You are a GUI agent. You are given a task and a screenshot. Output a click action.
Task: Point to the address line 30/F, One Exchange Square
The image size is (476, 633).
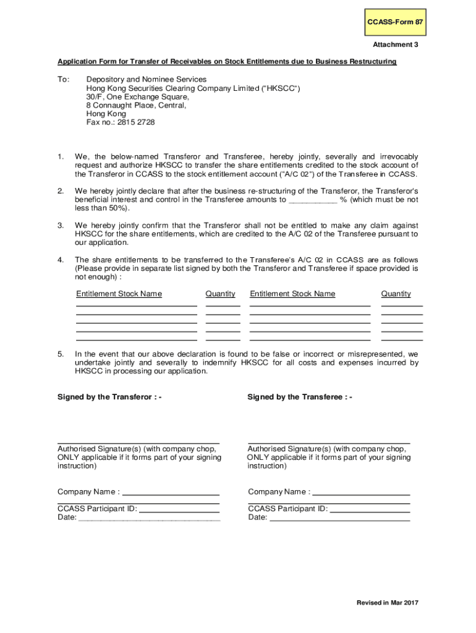coord(138,97)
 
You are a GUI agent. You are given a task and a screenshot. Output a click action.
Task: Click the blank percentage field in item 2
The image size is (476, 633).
coord(313,200)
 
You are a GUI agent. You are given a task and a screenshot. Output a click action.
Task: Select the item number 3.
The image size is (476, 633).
coord(61,226)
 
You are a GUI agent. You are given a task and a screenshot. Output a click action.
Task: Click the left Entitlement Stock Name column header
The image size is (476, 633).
coord(119,294)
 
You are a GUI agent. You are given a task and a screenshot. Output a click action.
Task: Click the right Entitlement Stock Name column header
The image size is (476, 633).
coord(292,294)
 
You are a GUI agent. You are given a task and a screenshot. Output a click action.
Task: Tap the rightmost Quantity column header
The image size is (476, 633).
coord(396,294)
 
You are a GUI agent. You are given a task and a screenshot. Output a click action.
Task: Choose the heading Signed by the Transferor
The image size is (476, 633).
coord(109,397)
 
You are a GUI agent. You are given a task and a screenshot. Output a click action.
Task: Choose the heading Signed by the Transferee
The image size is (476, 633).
coord(300,397)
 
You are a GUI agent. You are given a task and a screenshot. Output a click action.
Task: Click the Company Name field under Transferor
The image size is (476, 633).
coord(171,492)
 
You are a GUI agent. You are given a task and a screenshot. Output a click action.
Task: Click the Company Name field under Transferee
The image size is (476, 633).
coord(362,492)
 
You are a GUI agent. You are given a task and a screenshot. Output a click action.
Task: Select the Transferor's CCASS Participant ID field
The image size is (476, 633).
coord(179,509)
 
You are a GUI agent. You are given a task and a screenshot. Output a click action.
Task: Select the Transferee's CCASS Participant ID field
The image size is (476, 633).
coord(370,509)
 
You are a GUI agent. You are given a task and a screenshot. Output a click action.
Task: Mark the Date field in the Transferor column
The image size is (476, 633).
coord(148,518)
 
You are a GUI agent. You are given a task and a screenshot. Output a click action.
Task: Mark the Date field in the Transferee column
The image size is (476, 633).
coord(339,518)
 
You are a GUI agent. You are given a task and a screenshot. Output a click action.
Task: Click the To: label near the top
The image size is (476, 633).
coord(64,80)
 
